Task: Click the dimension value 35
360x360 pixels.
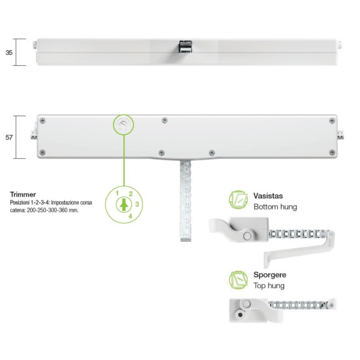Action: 9,52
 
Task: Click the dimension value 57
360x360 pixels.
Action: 9,137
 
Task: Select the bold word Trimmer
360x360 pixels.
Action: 23,194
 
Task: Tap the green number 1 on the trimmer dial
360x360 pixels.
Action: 117,193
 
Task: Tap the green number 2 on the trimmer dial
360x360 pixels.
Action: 131,194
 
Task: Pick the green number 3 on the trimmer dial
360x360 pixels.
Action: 137,204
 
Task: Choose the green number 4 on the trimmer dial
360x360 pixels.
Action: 131,216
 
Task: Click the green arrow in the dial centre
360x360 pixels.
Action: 124,205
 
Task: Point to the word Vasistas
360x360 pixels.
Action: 268,196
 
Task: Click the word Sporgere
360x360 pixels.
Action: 270,275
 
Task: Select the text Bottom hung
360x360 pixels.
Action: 275,207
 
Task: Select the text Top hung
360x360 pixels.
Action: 269,285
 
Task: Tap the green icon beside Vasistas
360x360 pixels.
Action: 239,200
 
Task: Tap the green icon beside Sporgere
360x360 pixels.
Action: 239,280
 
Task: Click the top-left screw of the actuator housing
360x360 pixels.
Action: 43,120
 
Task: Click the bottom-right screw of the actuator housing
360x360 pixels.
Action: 332,152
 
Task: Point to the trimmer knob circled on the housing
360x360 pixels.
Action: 123,124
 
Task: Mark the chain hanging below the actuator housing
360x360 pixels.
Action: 186,201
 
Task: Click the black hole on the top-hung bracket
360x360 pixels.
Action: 240,315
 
